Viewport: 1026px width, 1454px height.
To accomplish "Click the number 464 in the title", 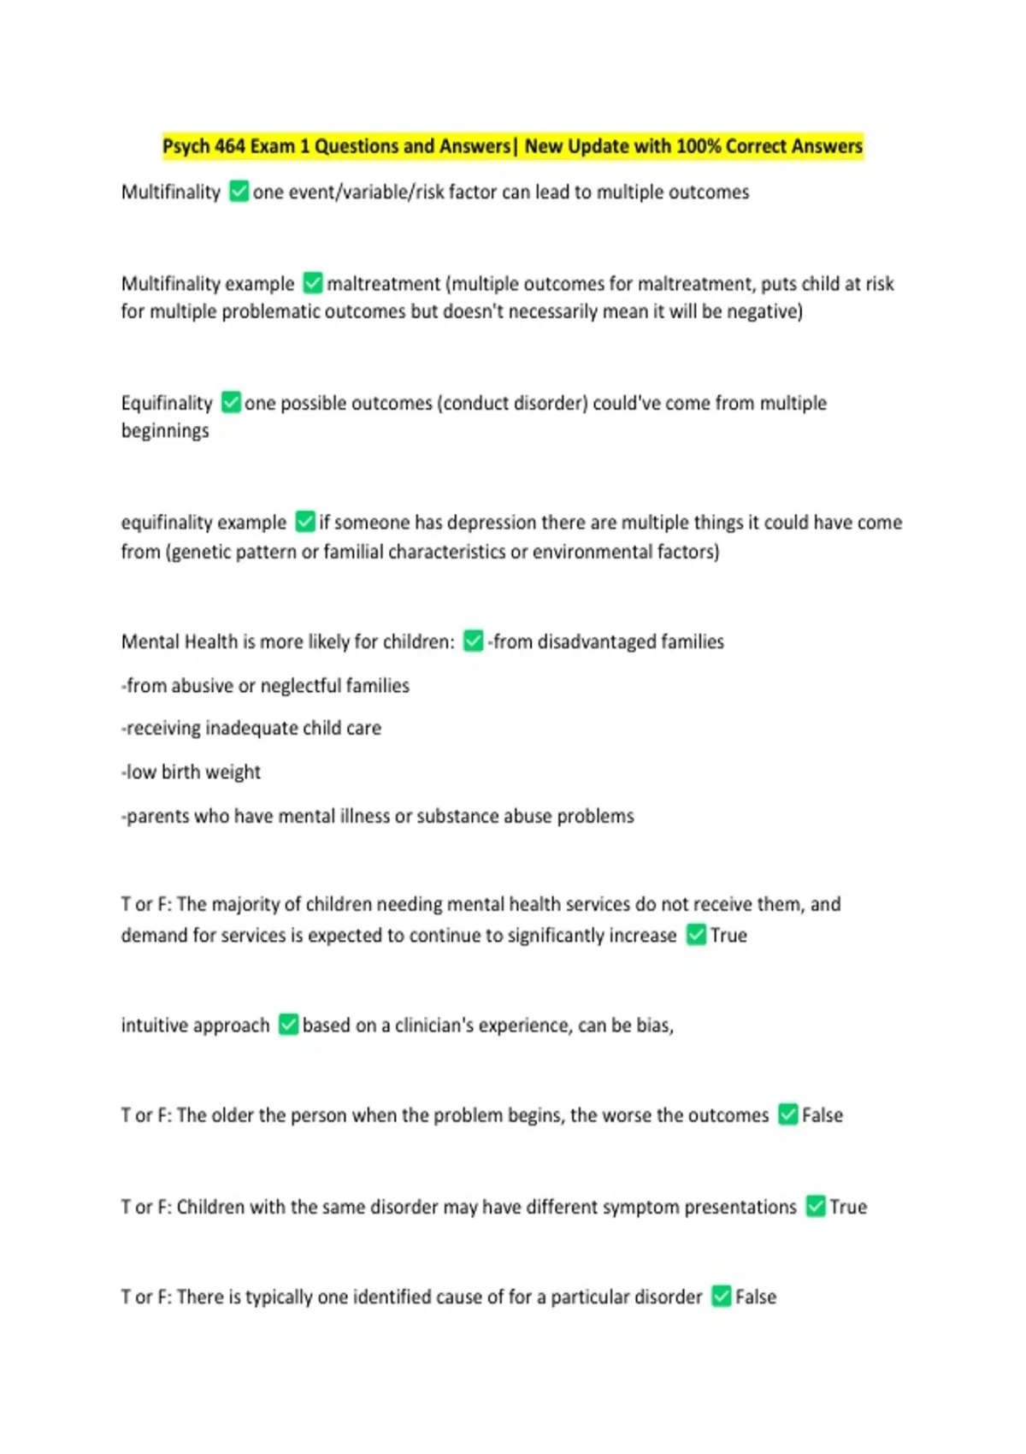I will pos(229,146).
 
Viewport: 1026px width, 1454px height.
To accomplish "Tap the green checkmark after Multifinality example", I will pos(313,283).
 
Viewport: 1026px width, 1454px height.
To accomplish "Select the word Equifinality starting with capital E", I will pos(167,403).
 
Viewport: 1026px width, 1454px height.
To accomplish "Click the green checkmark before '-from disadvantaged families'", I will pos(473,641).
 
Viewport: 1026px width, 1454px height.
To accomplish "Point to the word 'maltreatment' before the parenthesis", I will pos(384,283).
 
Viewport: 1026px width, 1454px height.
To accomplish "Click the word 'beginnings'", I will pos(165,431).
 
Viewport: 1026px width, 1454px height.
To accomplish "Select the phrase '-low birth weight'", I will pos(191,772).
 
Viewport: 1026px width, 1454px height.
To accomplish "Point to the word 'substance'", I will pos(457,817).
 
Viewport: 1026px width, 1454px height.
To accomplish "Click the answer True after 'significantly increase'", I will pos(728,936).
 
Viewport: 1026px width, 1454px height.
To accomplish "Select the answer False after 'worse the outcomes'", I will pos(823,1115).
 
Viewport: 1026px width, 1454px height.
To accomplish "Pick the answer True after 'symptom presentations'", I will pos(848,1207).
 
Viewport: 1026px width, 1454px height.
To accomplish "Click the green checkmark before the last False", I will pos(722,1297).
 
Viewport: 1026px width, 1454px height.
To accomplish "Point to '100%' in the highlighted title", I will pos(699,146).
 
